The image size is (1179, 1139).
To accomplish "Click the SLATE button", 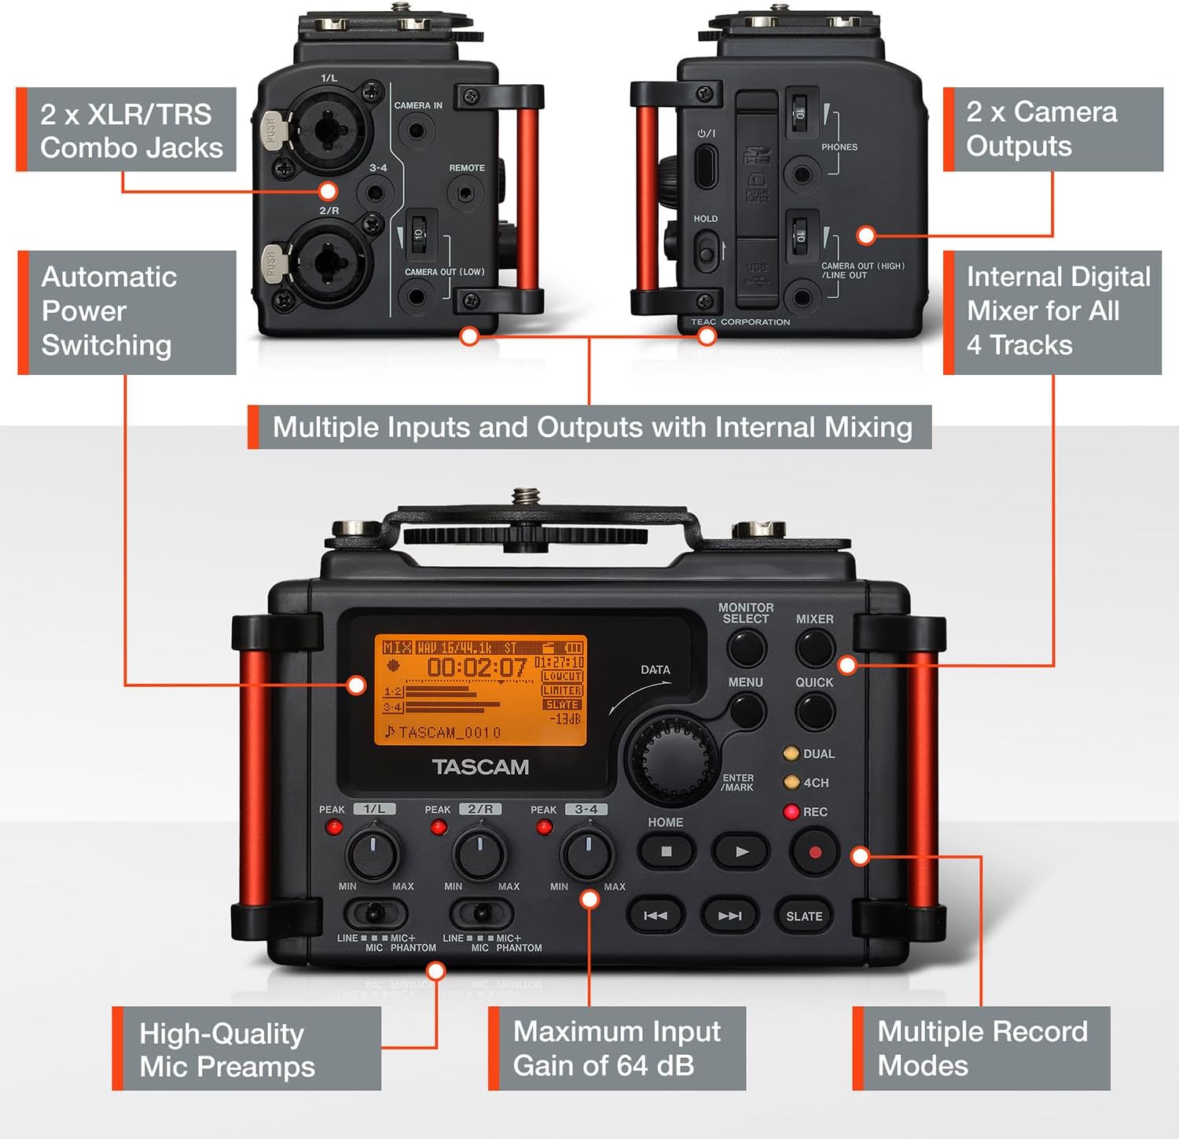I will (804, 916).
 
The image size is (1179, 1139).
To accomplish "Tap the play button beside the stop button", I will (741, 851).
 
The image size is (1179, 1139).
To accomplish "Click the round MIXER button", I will (815, 648).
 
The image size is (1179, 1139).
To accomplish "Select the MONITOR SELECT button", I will (746, 648).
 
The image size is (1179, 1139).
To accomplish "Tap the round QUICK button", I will (815, 711).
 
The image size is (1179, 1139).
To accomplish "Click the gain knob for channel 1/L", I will (373, 853).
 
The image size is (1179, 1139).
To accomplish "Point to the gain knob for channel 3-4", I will (586, 853).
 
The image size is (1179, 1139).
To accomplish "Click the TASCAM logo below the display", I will (480, 767).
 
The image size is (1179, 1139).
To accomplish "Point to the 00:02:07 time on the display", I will (476, 668).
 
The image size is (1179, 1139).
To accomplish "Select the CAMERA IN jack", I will (417, 130).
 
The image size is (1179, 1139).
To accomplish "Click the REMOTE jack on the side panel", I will (466, 193).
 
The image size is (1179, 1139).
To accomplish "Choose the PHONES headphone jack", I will (802, 175).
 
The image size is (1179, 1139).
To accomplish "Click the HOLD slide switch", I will (706, 253).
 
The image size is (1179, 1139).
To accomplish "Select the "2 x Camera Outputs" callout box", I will (1053, 129).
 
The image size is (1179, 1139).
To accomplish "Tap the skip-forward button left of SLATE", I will (729, 916).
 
